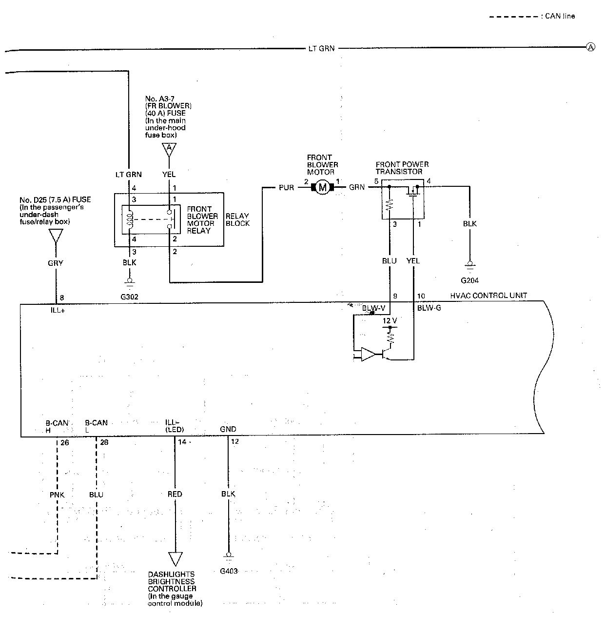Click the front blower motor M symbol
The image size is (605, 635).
(x=322, y=187)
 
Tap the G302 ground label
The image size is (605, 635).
(x=129, y=297)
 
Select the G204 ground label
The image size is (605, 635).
(x=469, y=280)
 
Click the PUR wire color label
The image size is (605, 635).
(x=286, y=188)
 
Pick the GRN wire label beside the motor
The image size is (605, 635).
(x=357, y=187)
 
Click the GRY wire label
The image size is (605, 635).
(x=56, y=263)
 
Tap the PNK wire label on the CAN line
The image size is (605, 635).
(x=57, y=495)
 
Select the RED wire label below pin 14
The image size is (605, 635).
(x=175, y=494)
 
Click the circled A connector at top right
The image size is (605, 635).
(x=590, y=47)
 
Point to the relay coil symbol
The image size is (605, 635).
(x=130, y=219)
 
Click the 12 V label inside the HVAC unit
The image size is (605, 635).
(x=390, y=321)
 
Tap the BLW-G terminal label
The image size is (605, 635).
(x=429, y=308)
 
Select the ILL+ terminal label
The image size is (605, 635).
(x=58, y=310)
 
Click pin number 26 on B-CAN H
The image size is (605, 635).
(x=64, y=442)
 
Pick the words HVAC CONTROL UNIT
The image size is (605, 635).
(x=488, y=295)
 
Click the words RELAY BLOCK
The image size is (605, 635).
(x=237, y=219)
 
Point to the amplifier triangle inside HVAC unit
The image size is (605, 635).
(x=368, y=354)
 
